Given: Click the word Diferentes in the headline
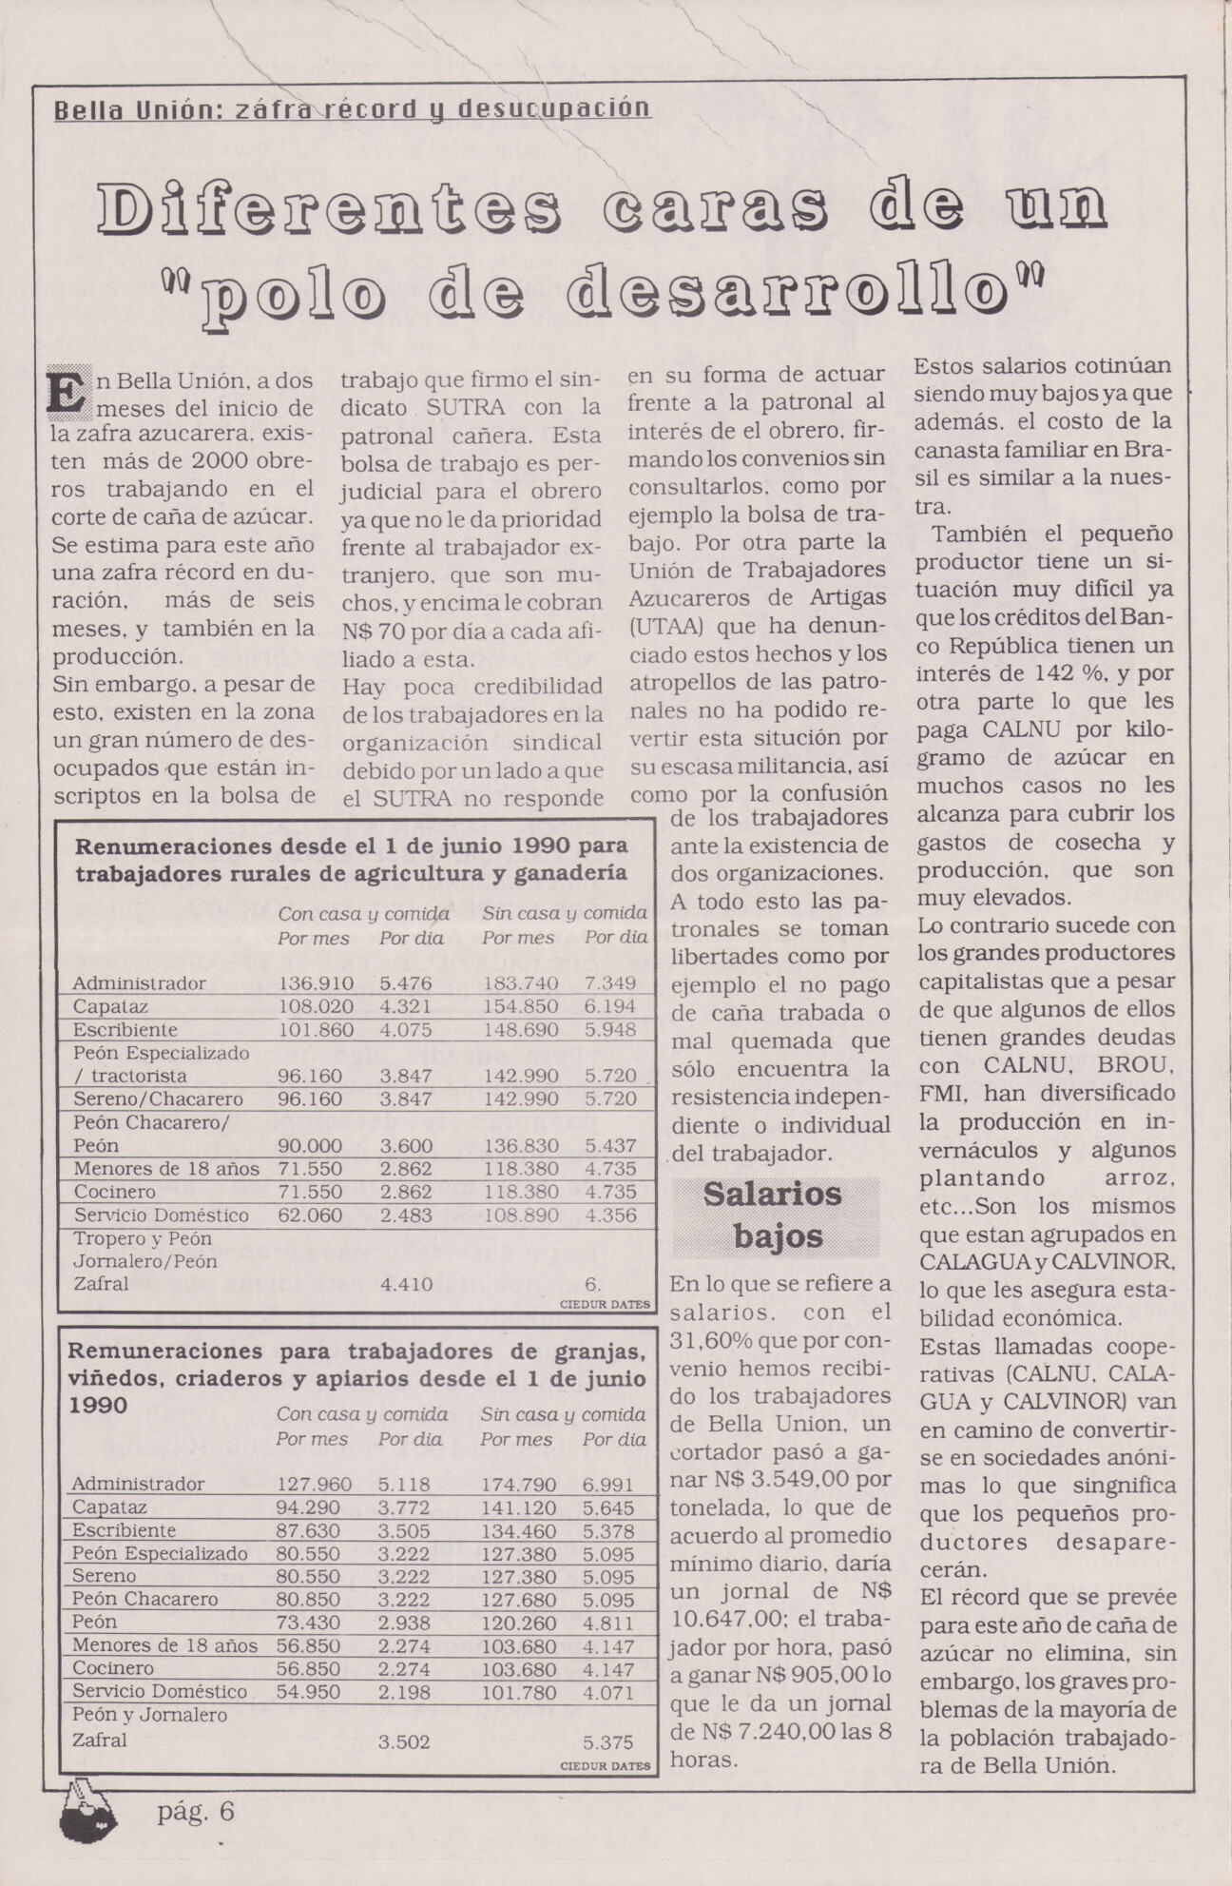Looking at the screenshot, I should [329, 210].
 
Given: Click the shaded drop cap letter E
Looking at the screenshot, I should [68, 393].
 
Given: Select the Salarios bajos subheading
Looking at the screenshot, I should [775, 1215].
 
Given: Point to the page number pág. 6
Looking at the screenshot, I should [195, 1811].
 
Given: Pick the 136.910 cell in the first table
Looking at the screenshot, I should [315, 983].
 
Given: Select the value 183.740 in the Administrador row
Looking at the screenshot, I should [520, 983].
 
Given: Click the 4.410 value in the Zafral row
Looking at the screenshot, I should [406, 1284].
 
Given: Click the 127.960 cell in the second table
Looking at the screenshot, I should [314, 1484].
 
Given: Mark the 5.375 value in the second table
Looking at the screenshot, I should [607, 1742].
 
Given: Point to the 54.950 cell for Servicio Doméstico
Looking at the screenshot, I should [314, 1692].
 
